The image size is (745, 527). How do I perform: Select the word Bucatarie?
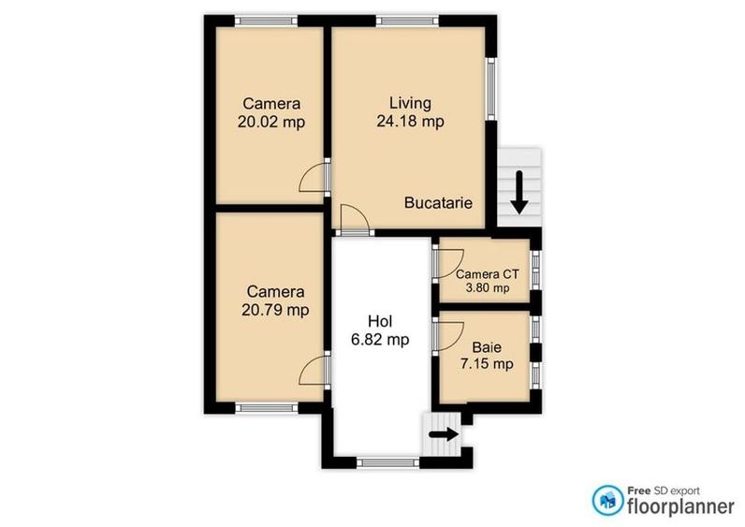pyautogui.click(x=437, y=202)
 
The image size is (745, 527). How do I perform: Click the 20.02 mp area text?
pyautogui.click(x=272, y=121)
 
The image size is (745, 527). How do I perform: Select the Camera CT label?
pyautogui.click(x=487, y=274)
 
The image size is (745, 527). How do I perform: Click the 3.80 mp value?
pyautogui.click(x=487, y=288)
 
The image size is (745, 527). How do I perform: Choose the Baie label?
pyautogui.click(x=486, y=346)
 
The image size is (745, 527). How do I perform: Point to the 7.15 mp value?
pyautogui.click(x=486, y=363)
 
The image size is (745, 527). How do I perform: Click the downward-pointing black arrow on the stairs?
pyautogui.click(x=518, y=192)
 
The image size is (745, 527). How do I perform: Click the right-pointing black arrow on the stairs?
pyautogui.click(x=442, y=434)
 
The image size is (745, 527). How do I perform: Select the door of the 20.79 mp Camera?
pyautogui.click(x=316, y=371)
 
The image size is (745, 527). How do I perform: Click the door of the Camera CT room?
pyautogui.click(x=444, y=263)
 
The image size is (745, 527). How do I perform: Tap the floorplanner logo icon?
pyautogui.click(x=606, y=499)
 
